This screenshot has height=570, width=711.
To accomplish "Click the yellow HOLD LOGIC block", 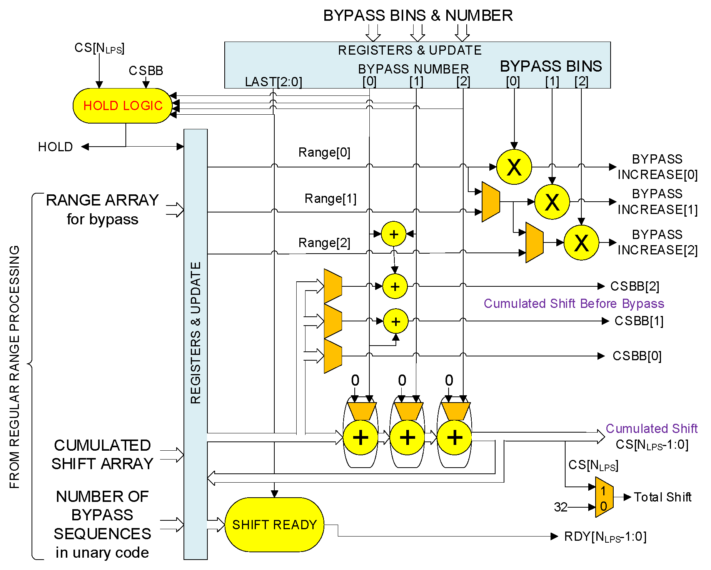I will pyautogui.click(x=122, y=106).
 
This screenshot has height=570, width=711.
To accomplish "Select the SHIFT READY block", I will pyautogui.click(x=274, y=525).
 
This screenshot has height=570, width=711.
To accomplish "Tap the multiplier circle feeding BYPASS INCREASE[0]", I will pyautogui.click(x=514, y=167).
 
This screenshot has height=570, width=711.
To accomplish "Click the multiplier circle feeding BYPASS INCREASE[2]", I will pyautogui.click(x=581, y=243).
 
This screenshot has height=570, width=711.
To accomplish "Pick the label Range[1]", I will pyautogui.click(x=330, y=199).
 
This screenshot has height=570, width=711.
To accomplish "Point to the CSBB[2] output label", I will pyautogui.click(x=634, y=286).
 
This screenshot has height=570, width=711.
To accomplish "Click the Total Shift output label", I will pyautogui.click(x=662, y=497).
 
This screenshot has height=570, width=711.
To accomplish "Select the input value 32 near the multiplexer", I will pyautogui.click(x=561, y=507).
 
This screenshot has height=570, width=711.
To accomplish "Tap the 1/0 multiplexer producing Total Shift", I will pyautogui.click(x=604, y=497).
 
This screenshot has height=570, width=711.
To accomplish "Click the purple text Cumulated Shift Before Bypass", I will pyautogui.click(x=574, y=304).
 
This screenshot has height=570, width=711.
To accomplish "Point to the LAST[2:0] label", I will pyautogui.click(x=273, y=82).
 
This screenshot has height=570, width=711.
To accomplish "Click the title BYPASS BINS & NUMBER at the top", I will pyautogui.click(x=417, y=16).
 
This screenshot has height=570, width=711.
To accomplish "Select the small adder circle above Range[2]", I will pyautogui.click(x=394, y=234).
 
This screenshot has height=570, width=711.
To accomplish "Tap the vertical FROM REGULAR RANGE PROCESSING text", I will pyautogui.click(x=14, y=367).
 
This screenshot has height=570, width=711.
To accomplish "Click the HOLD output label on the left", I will pyautogui.click(x=55, y=147).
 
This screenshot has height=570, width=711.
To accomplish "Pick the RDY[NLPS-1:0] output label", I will pyautogui.click(x=605, y=537).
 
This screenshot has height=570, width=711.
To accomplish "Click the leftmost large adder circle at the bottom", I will pyautogui.click(x=360, y=438).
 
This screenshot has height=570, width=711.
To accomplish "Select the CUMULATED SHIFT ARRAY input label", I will pyautogui.click(x=102, y=455).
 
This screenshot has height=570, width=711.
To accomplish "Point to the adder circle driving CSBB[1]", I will pyautogui.click(x=396, y=321).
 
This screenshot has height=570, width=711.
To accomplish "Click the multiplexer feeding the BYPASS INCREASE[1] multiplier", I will pyautogui.click(x=491, y=202).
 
